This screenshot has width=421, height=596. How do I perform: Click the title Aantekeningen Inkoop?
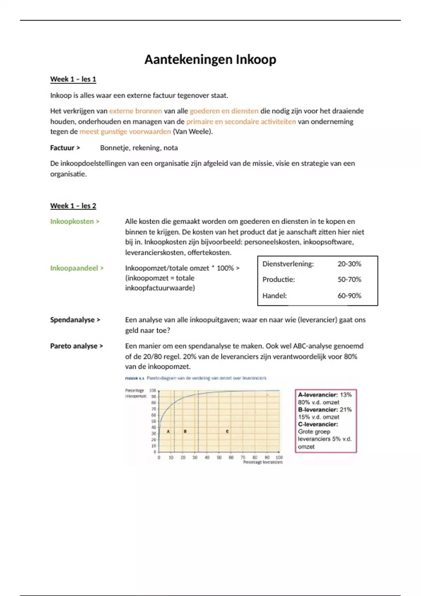[x=210, y=60]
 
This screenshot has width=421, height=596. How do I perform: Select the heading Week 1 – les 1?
[x=73, y=79]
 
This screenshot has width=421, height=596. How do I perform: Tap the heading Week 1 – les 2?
[x=73, y=206]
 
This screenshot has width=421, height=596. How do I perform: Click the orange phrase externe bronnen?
[x=135, y=111]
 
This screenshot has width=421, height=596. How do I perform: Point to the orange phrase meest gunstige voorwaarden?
[x=125, y=132]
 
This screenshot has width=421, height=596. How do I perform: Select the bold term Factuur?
[x=62, y=148]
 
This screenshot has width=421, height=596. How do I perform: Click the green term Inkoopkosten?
[x=72, y=222]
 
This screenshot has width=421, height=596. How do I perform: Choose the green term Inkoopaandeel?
[x=74, y=268]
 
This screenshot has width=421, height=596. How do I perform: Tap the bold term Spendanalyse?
[x=72, y=320]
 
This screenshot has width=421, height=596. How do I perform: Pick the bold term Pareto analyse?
[x=74, y=346]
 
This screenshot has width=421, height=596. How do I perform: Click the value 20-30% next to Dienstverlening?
[x=349, y=264]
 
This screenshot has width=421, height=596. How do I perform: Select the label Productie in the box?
[x=279, y=280]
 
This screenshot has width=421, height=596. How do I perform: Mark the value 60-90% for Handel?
[x=349, y=296]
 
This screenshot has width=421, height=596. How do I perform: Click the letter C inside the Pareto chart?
[x=227, y=431]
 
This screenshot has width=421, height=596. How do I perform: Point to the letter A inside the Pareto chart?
[x=168, y=431]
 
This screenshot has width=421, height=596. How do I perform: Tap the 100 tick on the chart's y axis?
[x=153, y=391]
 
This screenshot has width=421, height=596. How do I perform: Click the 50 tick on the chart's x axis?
[x=219, y=458]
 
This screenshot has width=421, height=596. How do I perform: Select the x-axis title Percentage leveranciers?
[x=263, y=462]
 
